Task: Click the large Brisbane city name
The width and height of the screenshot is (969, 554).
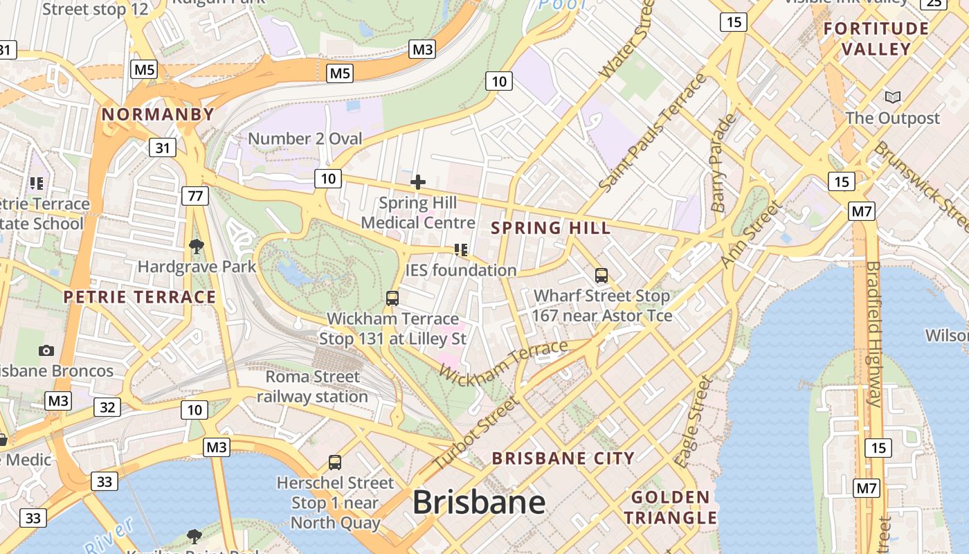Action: pos(479,503)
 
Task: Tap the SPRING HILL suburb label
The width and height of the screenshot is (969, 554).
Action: pos(551,228)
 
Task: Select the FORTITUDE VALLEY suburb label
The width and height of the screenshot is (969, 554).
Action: pos(877,39)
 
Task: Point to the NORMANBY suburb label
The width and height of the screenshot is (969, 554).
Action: pos(158,115)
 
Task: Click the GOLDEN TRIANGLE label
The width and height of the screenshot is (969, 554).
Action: pos(671,508)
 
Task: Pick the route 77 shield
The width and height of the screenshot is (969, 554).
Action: pos(195,196)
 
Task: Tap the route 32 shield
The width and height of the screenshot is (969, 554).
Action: pos(107,407)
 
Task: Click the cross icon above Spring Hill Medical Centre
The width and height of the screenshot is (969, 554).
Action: pos(418,183)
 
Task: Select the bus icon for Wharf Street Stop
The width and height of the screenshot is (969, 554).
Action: pos(601,276)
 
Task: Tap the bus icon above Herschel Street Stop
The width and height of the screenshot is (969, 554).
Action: pos(335,463)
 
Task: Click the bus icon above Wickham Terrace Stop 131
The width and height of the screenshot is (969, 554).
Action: pos(392,298)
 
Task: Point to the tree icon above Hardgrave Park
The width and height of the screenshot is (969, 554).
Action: pos(197,246)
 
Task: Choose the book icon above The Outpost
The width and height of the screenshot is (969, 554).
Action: pos(893,98)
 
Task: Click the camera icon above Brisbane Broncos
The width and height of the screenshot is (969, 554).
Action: pos(46,350)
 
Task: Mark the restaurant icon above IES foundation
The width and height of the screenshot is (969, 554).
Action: pos(461,250)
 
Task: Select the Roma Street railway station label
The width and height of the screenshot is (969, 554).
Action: pos(313,387)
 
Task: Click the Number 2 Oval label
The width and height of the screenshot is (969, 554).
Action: pos(305,138)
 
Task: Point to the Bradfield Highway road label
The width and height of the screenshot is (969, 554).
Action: pos(873,332)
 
